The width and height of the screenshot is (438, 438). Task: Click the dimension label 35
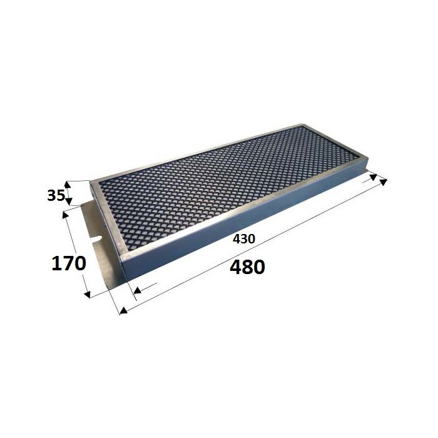tap(56, 195)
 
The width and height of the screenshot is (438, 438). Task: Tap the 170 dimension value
tap(68, 263)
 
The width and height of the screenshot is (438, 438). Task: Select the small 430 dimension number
tap(244, 239)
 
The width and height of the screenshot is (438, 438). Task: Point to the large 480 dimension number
tap(247, 267)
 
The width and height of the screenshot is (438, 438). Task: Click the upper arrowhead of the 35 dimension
tap(68, 185)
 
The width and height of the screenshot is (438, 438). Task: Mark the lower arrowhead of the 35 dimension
tap(69, 201)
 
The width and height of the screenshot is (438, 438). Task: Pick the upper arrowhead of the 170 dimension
tap(66, 215)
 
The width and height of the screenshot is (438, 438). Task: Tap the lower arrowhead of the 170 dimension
tap(87, 294)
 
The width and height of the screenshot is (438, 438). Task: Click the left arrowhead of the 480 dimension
tap(123, 310)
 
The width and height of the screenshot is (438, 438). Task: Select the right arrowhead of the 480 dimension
tap(383, 182)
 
